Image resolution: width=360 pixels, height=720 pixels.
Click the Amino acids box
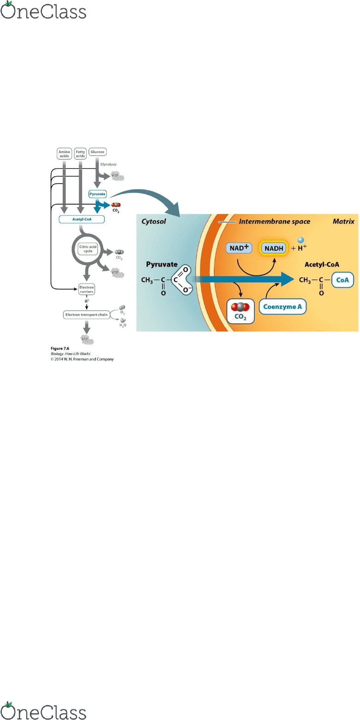pyautogui.click(x=63, y=153)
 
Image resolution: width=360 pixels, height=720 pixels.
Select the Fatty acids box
pyautogui.click(x=81, y=153)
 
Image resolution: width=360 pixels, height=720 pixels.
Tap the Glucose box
pyautogui.click(x=97, y=151)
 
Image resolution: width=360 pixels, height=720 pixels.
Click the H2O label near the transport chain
pyautogui.click(x=122, y=325)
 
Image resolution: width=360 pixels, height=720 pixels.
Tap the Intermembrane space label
pyautogui.click(x=274, y=222)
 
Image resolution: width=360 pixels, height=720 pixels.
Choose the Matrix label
pyautogui.click(x=343, y=222)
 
